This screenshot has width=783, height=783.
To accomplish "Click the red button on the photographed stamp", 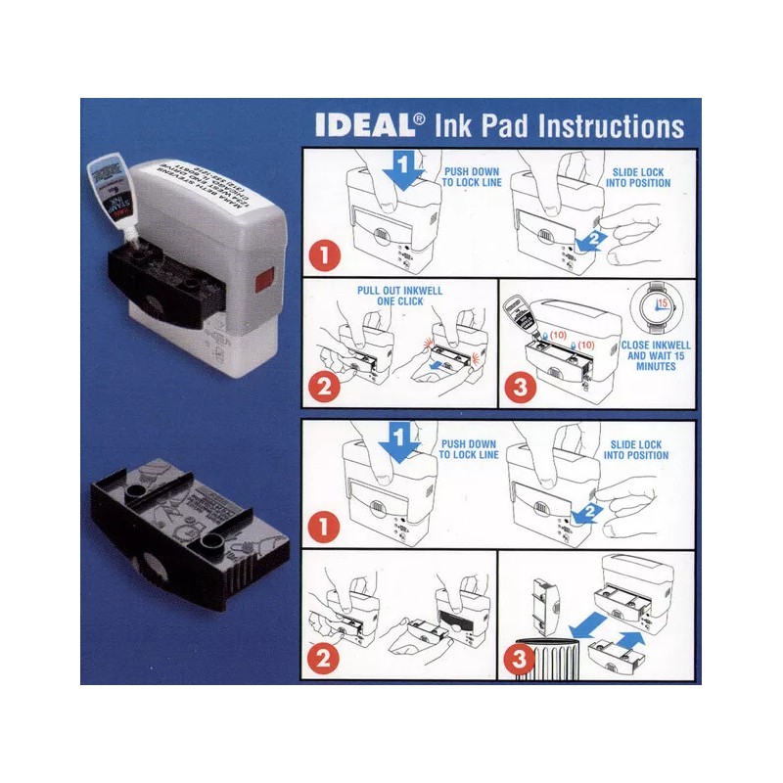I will click(x=261, y=285).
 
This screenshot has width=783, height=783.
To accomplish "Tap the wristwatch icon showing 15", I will click(x=649, y=306).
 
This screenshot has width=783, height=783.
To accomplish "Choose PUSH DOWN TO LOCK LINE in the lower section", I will click(x=469, y=449).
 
